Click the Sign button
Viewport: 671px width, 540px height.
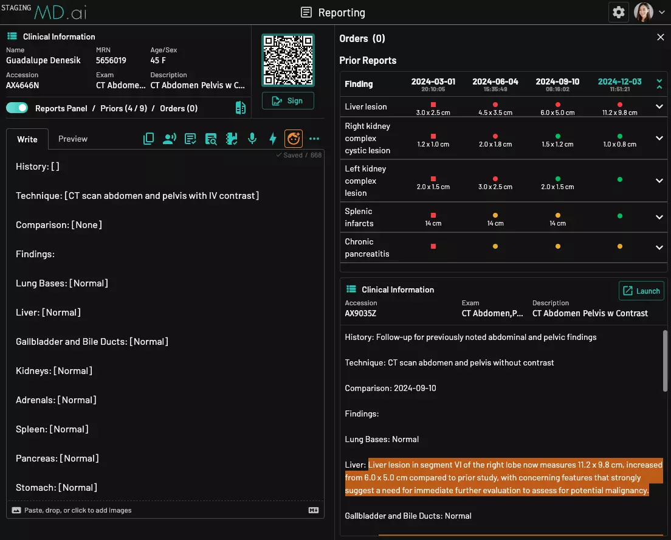point(288,101)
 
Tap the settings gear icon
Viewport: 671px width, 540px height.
point(619,12)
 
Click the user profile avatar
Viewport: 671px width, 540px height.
point(644,12)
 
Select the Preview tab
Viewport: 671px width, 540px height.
point(73,139)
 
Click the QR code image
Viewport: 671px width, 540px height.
point(288,60)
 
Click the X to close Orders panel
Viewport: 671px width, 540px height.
point(661,38)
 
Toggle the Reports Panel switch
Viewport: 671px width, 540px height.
point(17,108)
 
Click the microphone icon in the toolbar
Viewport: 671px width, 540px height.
point(252,139)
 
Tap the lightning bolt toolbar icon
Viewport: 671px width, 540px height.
point(273,139)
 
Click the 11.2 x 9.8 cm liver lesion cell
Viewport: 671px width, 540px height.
point(619,109)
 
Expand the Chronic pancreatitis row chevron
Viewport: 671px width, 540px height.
point(659,247)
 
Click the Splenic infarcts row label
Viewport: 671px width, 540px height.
point(359,217)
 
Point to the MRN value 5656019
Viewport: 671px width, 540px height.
point(111,60)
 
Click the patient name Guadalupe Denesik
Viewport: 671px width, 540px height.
point(43,60)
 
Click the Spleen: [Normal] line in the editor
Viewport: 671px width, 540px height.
point(52,429)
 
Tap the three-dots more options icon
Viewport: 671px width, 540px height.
point(314,139)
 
